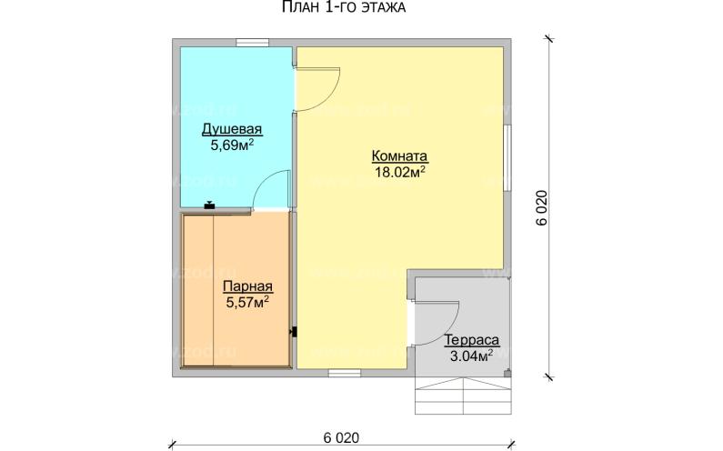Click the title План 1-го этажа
pyautogui.click(x=344, y=7)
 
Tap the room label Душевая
pyautogui.click(x=232, y=129)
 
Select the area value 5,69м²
pyautogui.click(x=233, y=145)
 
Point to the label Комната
pyautogui.click(x=400, y=155)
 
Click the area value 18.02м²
pyautogui.click(x=400, y=172)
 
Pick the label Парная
pyautogui.click(x=248, y=286)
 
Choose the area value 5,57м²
pyautogui.click(x=247, y=303)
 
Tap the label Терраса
pyautogui.click(x=472, y=340)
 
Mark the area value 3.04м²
pyautogui.click(x=471, y=356)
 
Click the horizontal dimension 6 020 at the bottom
pyautogui.click(x=341, y=437)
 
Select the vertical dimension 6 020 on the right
pyautogui.click(x=542, y=207)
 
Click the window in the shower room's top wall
pyautogui.click(x=253, y=43)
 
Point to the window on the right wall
pyautogui.click(x=507, y=158)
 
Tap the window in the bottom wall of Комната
pyautogui.click(x=345, y=373)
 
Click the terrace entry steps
pyautogui.click(x=463, y=396)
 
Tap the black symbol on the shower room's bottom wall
pyautogui.click(x=210, y=205)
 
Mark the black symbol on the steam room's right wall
pyautogui.click(x=294, y=332)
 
